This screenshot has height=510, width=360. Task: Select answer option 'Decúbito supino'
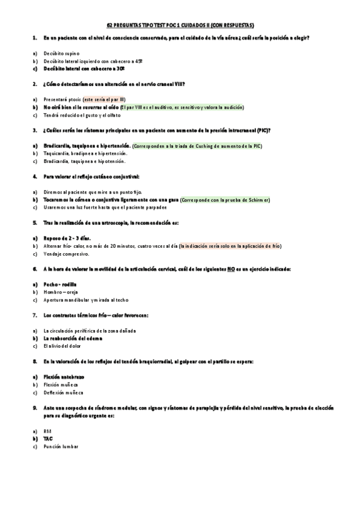pyautogui.click(x=62, y=53)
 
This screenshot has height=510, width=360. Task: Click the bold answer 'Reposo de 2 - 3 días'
pyautogui.click(x=71, y=238)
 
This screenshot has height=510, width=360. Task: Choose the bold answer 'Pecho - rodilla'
pyautogui.click(x=60, y=284)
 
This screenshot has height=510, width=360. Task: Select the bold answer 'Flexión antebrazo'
pyautogui.click(x=64, y=376)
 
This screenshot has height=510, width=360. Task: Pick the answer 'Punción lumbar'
pyautogui.click(x=61, y=446)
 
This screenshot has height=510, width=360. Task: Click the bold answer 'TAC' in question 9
pyautogui.click(x=48, y=438)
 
